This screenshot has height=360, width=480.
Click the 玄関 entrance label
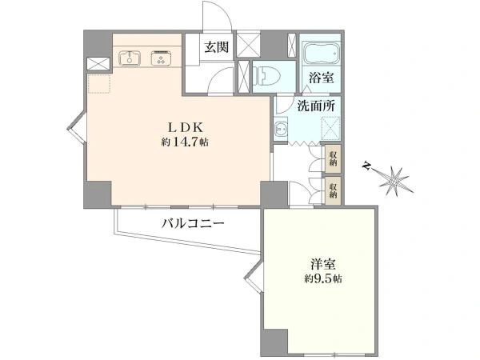point(217,47)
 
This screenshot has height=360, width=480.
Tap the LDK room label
point(185,127)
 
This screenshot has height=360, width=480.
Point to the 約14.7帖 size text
point(185,142)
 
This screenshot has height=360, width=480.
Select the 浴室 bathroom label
point(321,78)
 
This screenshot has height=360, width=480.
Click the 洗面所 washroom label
point(317,106)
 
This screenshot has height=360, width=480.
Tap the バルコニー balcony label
point(193,223)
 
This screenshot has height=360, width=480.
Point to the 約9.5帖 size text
point(323,279)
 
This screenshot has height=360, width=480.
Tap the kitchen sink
point(130,58)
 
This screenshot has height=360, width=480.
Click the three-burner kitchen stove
point(162,58)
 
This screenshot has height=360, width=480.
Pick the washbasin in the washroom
point(280,129)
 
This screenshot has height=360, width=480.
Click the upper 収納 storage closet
point(333,159)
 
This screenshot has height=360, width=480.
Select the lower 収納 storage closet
point(333,191)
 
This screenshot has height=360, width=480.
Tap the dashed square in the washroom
point(330,128)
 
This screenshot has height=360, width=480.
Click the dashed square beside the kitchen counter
point(99,83)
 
